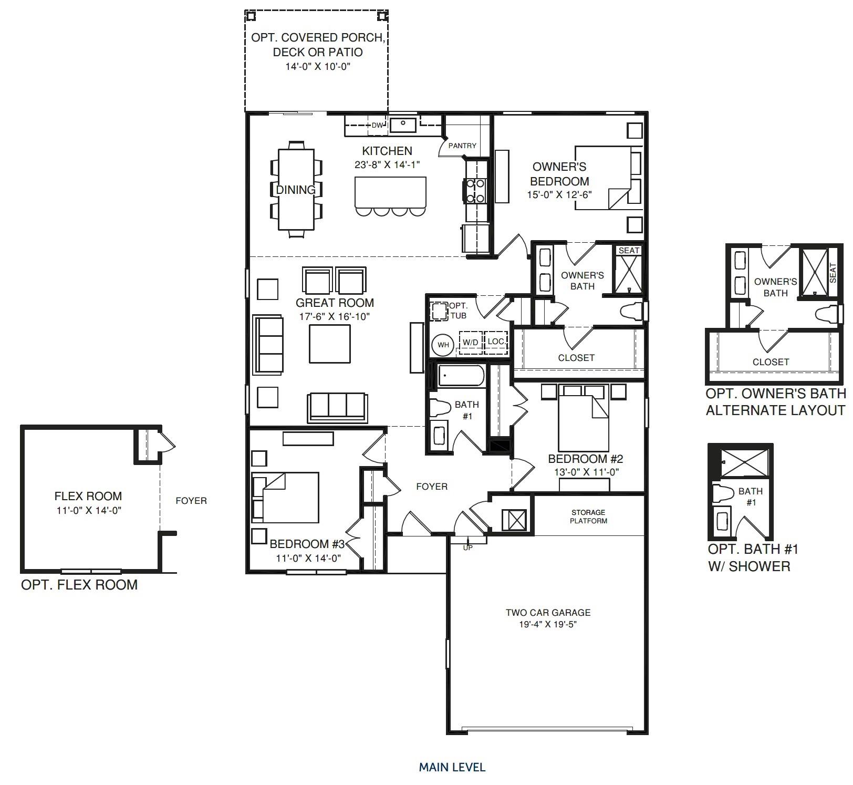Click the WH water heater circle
443,345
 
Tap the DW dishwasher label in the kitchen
377,126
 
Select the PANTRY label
462,146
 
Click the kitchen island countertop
390,192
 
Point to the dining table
296,190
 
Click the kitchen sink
403,125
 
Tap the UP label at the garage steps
467,548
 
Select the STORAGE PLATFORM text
588,517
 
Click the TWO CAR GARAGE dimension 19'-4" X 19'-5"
548,625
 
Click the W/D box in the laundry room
470,343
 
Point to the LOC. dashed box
495,342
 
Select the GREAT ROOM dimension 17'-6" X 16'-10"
335,317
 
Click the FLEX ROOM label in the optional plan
88,496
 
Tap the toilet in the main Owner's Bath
631,312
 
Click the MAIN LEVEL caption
452,767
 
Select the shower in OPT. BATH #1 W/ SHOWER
743,463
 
